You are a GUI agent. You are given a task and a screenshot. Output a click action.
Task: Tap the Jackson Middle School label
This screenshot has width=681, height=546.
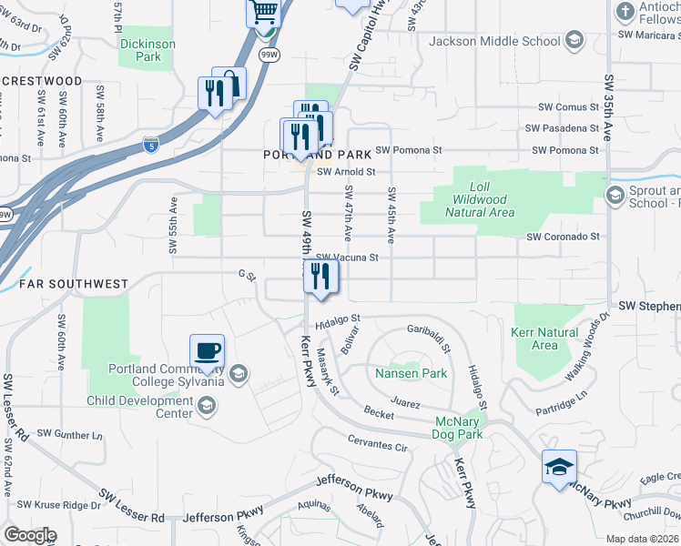coord(493,41)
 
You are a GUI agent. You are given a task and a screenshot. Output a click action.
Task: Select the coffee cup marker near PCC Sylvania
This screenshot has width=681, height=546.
coord(207,350)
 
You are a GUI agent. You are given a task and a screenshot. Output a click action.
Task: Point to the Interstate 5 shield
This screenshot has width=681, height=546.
coord(151,144)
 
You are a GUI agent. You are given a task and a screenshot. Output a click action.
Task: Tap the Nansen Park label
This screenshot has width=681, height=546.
coord(411,373)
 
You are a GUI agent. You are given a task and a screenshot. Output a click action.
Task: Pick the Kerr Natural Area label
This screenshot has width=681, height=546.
coord(544,339)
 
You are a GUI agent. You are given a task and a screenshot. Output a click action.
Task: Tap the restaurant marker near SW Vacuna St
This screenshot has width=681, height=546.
coord(320,275)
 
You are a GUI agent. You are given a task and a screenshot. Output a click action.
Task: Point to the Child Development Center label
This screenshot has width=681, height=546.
coord(139,407)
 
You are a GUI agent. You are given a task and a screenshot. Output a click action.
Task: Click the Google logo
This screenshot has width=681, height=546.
coord(30,535)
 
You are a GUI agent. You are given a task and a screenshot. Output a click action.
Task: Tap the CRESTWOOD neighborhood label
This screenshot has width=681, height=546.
coord(42,81)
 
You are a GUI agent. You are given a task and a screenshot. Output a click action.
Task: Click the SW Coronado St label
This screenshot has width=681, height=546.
coord(563,237)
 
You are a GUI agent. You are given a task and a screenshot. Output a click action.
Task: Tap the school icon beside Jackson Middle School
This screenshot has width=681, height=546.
coord(574,40)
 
